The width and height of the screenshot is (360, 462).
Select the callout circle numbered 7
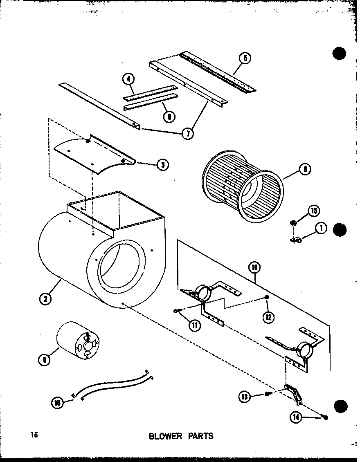[188, 134]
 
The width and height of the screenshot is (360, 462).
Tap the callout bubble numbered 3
[163, 165]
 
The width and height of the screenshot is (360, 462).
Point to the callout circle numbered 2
[46, 299]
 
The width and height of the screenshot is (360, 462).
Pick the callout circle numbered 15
[314, 211]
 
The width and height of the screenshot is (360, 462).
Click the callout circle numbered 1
[321, 230]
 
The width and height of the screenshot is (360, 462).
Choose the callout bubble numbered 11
[195, 326]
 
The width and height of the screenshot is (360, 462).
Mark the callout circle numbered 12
[268, 317]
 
